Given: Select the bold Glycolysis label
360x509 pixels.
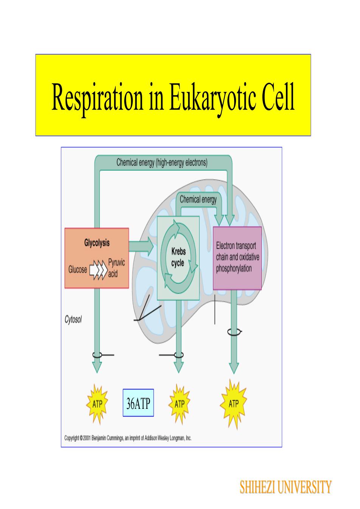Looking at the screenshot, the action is pyautogui.click(x=97, y=243).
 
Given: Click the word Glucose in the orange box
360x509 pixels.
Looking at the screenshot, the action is pyautogui.click(x=78, y=269).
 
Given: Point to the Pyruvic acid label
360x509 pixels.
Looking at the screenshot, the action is pyautogui.click(x=116, y=268).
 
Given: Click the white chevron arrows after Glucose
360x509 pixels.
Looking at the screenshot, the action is pyautogui.click(x=98, y=270).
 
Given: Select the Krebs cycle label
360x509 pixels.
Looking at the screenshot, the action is pyautogui.click(x=178, y=257).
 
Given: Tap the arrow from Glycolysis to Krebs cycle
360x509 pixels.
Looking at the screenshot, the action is pyautogui.click(x=141, y=246).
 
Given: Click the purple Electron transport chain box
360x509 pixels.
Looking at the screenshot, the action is pyautogui.click(x=237, y=258).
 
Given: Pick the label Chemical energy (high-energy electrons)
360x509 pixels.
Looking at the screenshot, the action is pyautogui.click(x=162, y=162).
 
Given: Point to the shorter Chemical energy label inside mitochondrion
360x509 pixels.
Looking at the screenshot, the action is pyautogui.click(x=198, y=200).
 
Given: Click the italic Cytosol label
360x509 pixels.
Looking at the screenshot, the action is pyautogui.click(x=73, y=319).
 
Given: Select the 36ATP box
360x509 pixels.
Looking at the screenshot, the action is pyautogui.click(x=138, y=403).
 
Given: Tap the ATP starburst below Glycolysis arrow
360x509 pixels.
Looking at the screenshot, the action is pyautogui.click(x=97, y=404).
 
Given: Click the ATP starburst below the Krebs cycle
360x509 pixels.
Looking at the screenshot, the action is pyautogui.click(x=179, y=404).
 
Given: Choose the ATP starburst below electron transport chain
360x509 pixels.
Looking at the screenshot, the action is pyautogui.click(x=234, y=404).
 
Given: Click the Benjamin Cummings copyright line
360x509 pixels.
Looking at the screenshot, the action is pyautogui.click(x=128, y=438).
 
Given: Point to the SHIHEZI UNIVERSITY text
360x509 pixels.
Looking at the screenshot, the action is pyautogui.click(x=286, y=487).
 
